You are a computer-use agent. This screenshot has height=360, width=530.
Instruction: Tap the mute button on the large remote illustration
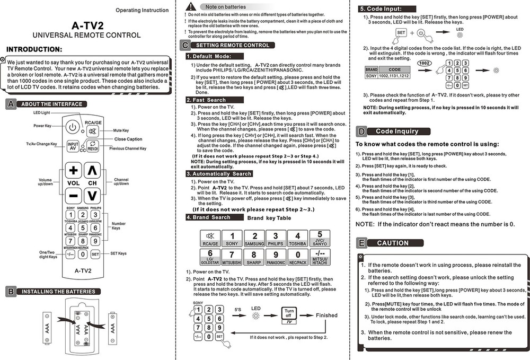(93, 131)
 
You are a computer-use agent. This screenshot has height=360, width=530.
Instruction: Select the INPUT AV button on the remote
(73, 146)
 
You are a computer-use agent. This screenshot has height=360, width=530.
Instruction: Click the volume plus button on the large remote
(73, 171)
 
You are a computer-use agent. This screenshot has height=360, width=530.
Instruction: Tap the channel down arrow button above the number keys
(92, 196)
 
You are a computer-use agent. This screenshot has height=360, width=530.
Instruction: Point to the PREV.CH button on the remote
(93, 146)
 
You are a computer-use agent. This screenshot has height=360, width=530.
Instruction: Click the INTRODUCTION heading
(34, 49)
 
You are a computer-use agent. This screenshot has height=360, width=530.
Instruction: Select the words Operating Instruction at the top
(142, 10)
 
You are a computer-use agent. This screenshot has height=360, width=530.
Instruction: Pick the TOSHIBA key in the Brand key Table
(297, 239)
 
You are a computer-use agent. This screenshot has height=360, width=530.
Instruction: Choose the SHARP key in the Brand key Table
(254, 257)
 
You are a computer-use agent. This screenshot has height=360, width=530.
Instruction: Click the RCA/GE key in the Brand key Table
(210, 239)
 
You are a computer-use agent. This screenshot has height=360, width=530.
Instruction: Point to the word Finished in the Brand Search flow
(326, 315)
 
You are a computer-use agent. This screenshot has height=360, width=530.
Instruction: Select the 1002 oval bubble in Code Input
(423, 63)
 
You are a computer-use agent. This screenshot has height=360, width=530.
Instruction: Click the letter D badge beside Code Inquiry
(361, 131)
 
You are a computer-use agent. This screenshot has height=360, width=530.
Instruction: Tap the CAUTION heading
(392, 243)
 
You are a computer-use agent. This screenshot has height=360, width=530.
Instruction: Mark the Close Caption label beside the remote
(128, 139)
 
